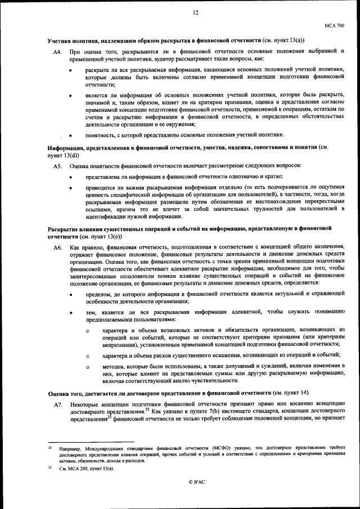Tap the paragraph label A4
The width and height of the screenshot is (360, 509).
point(57,52)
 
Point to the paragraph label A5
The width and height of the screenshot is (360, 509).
point(57,166)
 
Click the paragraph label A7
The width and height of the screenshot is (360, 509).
point(57,405)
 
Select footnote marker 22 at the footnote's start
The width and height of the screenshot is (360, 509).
point(49,447)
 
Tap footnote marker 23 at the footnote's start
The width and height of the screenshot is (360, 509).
point(49,467)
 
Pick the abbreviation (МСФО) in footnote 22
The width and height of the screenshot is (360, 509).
point(183,448)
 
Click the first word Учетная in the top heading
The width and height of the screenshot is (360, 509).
point(60,42)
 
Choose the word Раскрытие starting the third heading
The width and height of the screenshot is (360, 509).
point(64,228)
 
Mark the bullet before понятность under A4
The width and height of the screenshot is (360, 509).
point(70,136)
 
